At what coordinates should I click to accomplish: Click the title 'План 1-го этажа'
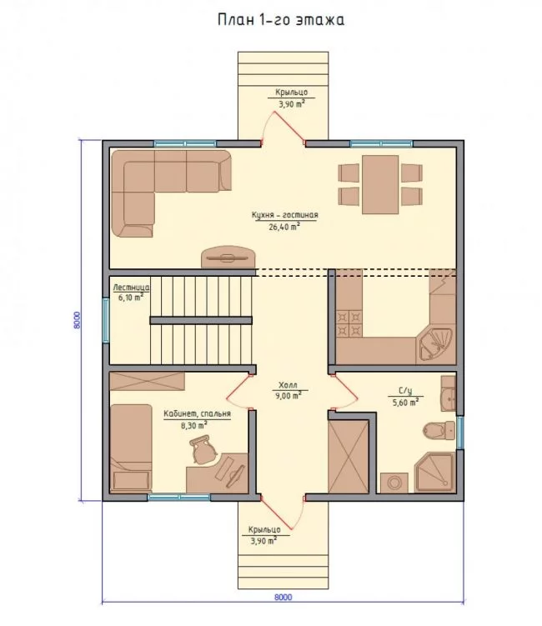point(281,19)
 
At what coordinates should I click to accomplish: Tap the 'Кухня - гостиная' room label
point(285,215)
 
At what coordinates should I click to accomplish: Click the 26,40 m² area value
point(285,227)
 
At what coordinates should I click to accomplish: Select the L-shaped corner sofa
point(171,193)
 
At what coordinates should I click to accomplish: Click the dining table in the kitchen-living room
point(380,184)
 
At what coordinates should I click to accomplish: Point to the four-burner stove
point(349,324)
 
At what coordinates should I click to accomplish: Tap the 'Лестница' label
point(132,288)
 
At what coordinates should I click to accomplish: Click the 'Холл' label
point(288,385)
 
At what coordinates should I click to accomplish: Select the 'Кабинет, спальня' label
point(198,414)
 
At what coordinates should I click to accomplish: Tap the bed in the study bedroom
point(131,448)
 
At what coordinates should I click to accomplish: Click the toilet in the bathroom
point(439,431)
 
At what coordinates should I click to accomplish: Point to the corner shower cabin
point(434,473)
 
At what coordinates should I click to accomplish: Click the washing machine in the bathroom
point(394,483)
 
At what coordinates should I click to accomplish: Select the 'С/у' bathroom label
point(405,390)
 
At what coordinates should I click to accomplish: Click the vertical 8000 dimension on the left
point(77,320)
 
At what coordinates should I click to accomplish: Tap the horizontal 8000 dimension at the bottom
point(284,598)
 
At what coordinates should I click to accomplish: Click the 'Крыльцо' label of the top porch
point(292,93)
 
